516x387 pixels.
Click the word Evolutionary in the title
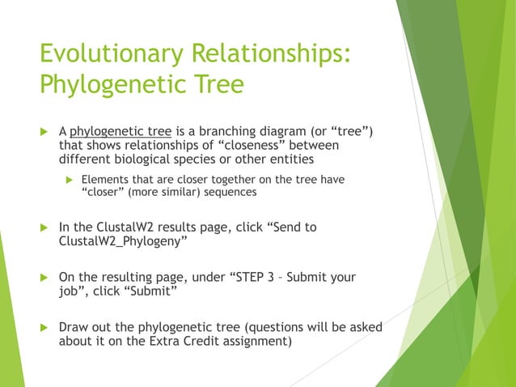(x=111, y=55)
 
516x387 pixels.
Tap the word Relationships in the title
(x=271, y=55)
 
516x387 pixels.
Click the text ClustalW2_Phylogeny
(x=122, y=241)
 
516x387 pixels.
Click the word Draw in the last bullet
(x=74, y=327)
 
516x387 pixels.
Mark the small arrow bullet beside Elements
(x=70, y=179)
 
